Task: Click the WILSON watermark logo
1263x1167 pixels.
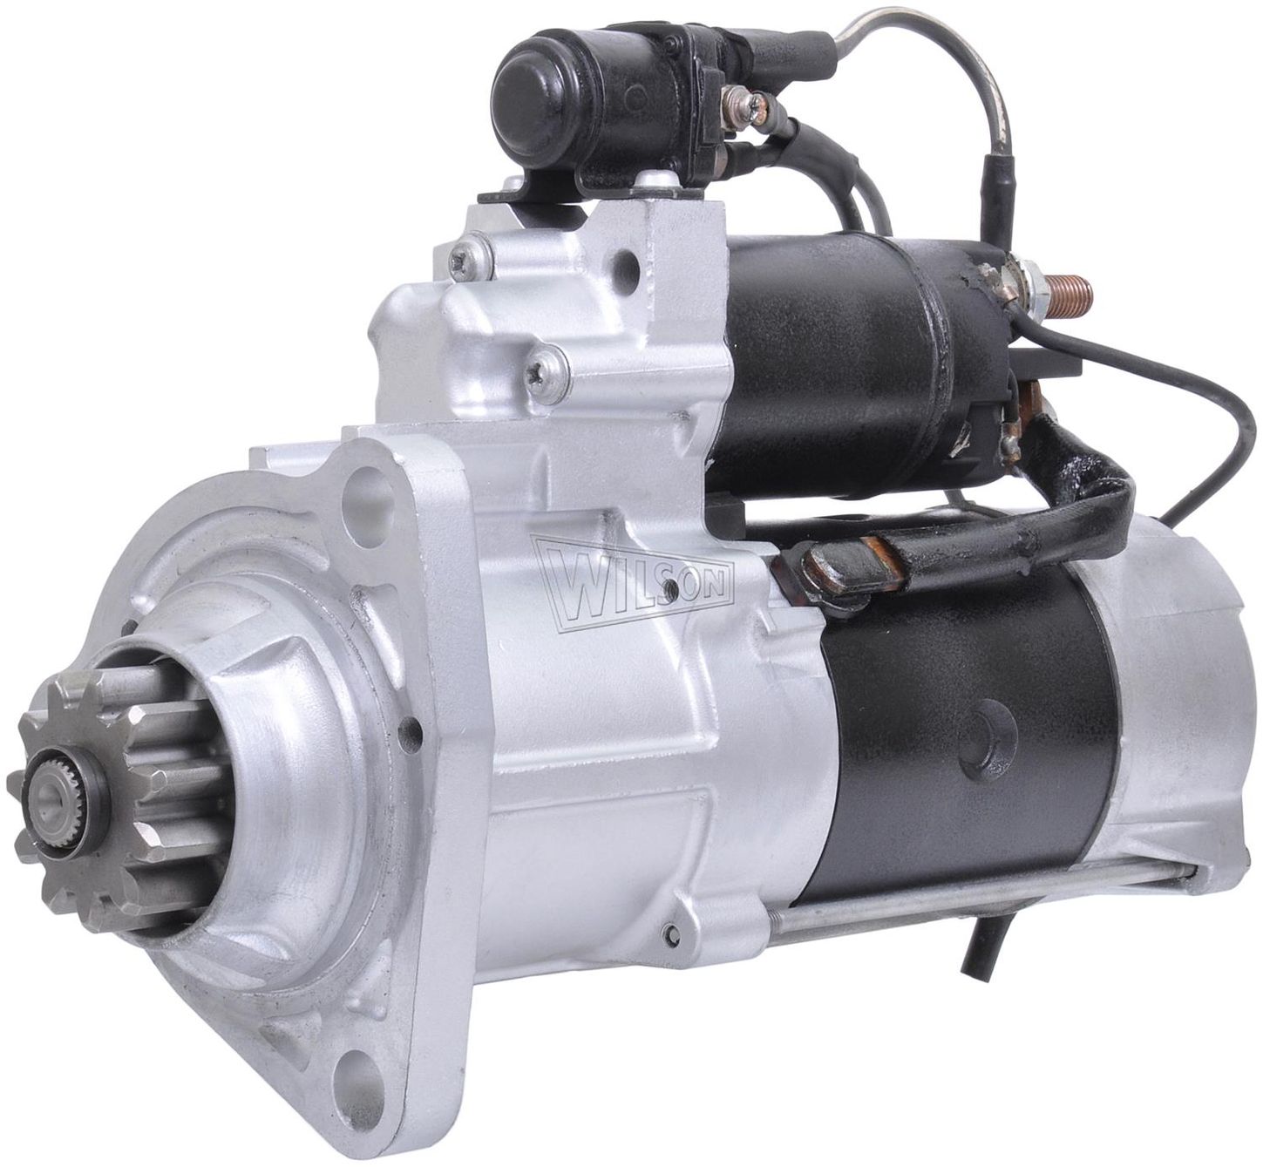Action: pyautogui.click(x=633, y=583)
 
